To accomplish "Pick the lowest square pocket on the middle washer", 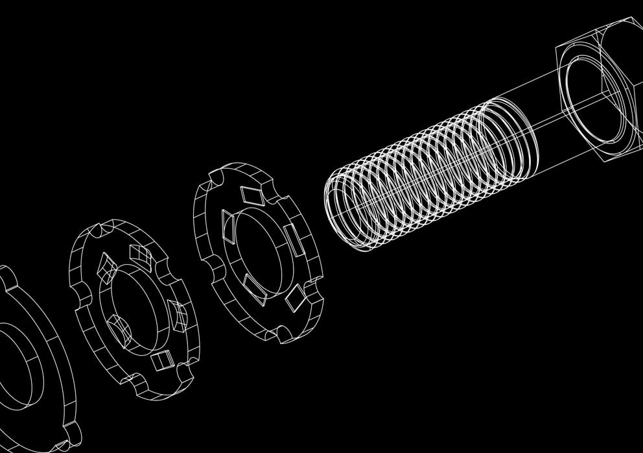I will [x=160, y=361].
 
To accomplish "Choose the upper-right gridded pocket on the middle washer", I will [x=139, y=255].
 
